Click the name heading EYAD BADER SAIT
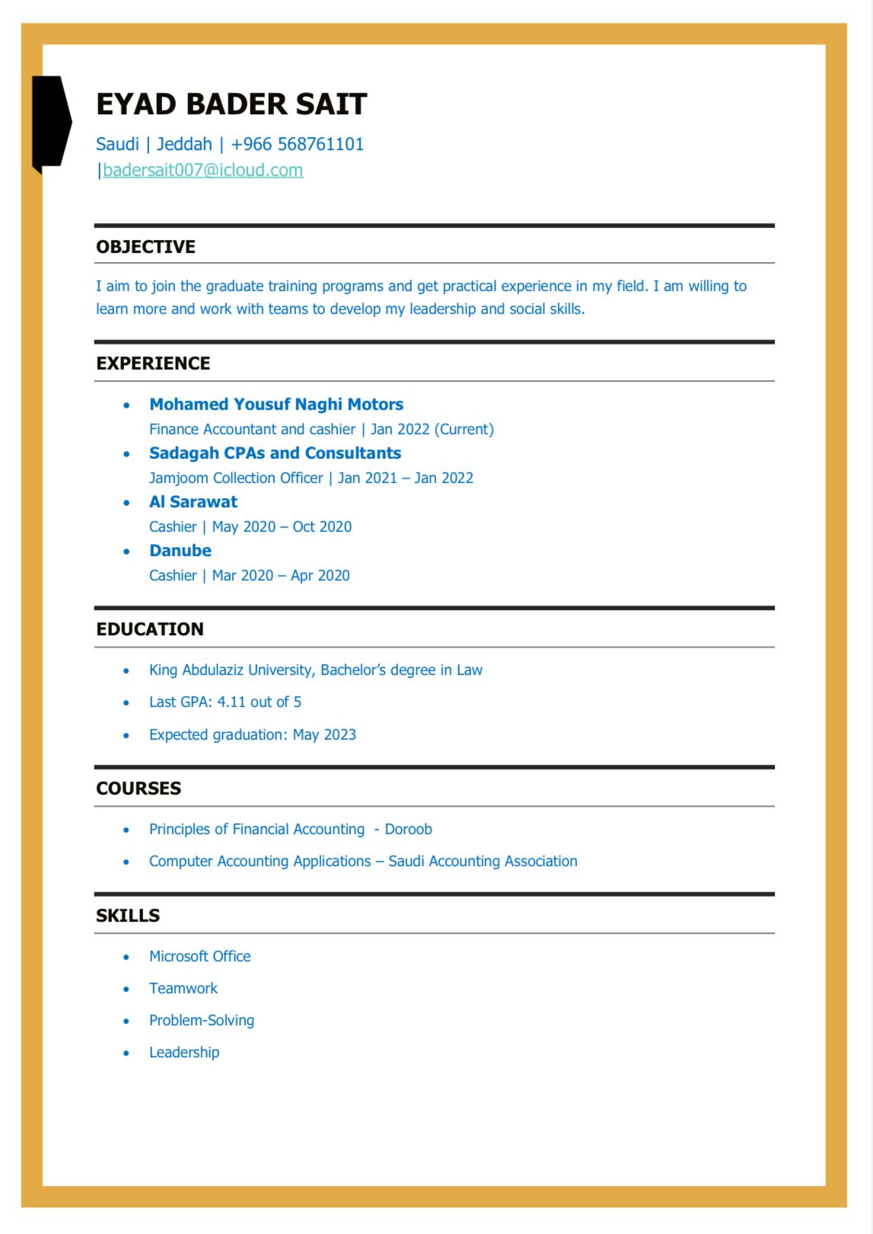point(231,104)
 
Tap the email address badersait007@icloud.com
point(202,170)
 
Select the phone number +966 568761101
point(297,144)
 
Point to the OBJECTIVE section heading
point(145,247)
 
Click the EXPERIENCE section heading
point(153,363)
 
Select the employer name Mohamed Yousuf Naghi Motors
point(276,404)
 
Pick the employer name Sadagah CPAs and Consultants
point(275,453)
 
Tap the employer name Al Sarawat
point(193,502)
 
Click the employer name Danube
point(180,551)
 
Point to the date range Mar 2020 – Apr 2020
point(281,576)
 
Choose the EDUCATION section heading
point(150,629)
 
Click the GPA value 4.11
point(232,702)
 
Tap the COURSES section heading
point(139,788)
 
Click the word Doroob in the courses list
point(408,830)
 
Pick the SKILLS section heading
point(128,916)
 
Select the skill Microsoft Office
point(199,957)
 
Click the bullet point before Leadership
point(126,1053)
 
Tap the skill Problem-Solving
point(202,1021)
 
